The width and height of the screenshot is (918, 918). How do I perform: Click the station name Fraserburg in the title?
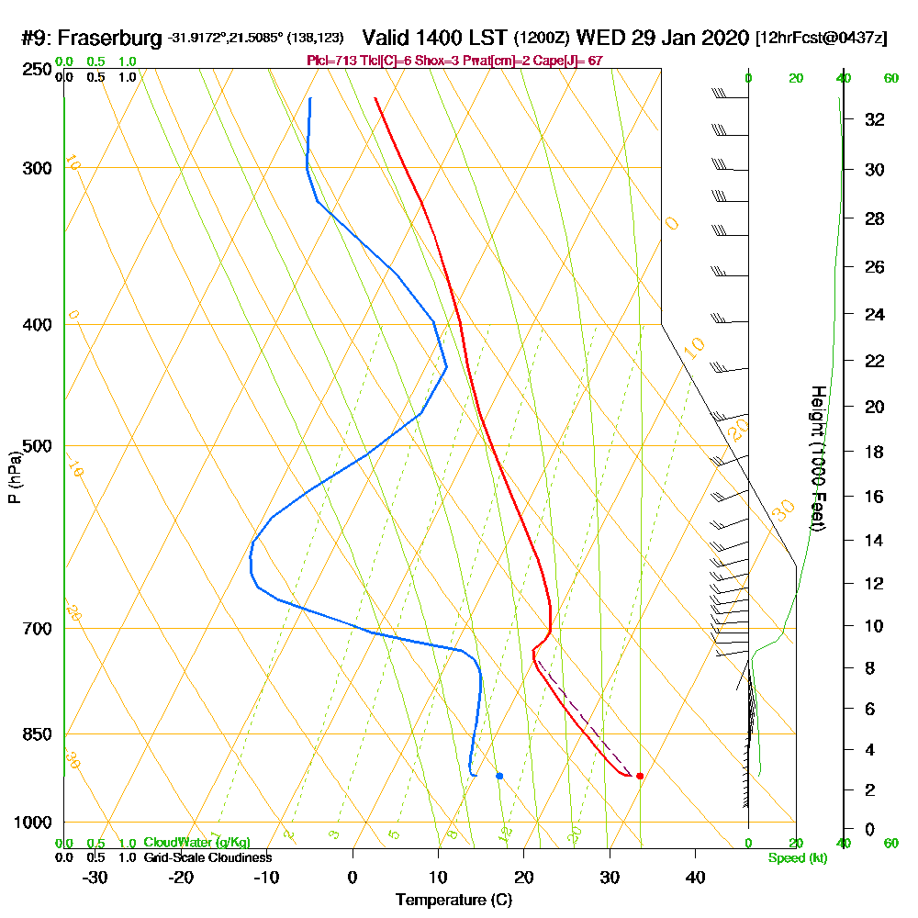pyautogui.click(x=111, y=39)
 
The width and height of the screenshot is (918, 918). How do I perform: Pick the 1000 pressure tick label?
pyautogui.click(x=32, y=823)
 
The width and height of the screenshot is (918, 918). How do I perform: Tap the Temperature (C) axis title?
pyautogui.click(x=453, y=901)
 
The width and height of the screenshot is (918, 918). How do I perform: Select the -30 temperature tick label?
pyautogui.click(x=95, y=877)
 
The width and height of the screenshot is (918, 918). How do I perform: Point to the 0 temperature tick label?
pyautogui.click(x=353, y=877)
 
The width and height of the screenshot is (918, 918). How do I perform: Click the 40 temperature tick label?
pyautogui.click(x=695, y=877)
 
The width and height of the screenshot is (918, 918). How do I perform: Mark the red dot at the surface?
pyautogui.click(x=640, y=776)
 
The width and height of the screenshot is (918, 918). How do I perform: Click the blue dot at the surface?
pyautogui.click(x=499, y=776)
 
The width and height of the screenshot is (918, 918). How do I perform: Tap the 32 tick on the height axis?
pyautogui.click(x=876, y=119)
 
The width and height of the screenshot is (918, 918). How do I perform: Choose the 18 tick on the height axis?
pyautogui.click(x=876, y=452)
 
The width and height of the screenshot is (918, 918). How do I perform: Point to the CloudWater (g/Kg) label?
pyautogui.click(x=196, y=843)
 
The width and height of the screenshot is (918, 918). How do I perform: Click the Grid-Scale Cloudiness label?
pyautogui.click(x=207, y=857)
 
